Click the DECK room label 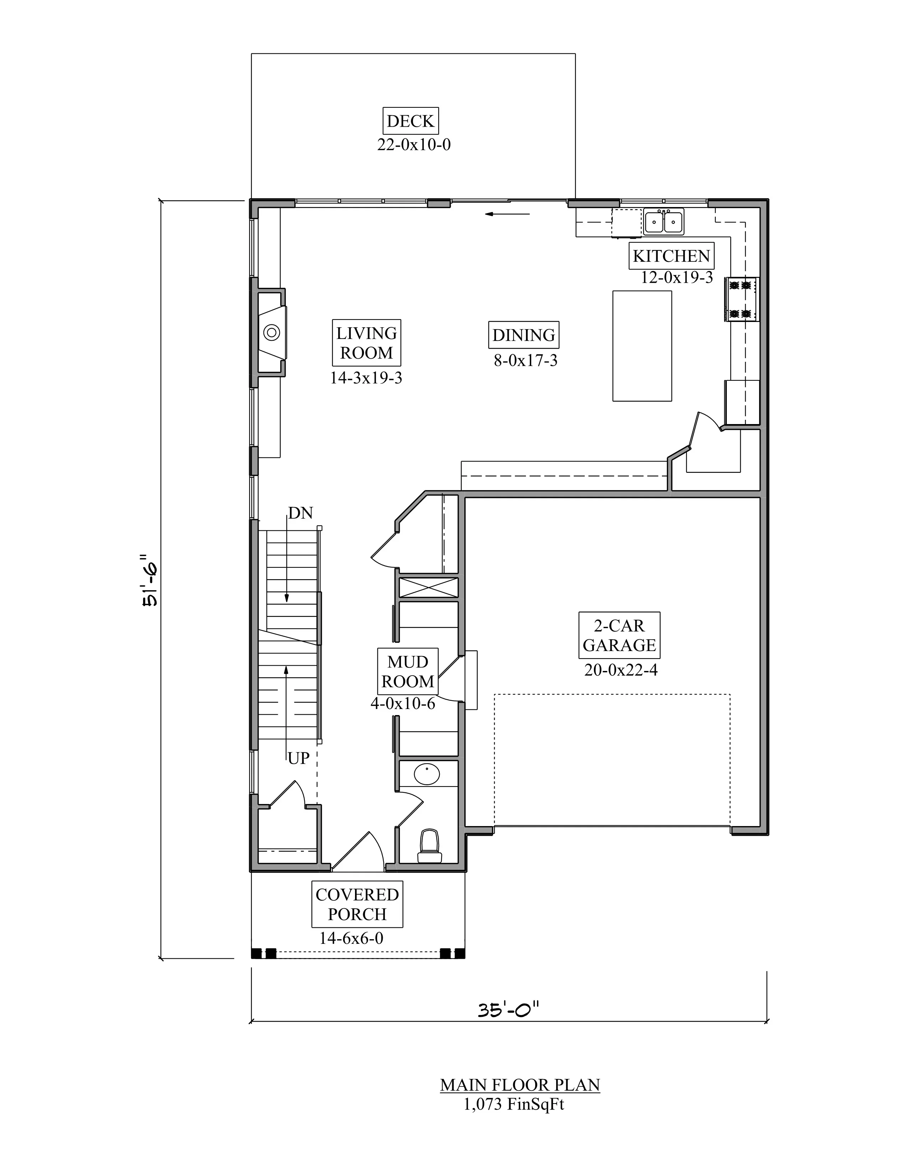pos(411,121)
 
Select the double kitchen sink pos(664,222)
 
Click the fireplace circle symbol pos(272,333)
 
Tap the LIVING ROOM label pos(366,343)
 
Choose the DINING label pos(523,335)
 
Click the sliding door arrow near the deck pos(507,214)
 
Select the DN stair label pos(300,513)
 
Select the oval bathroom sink pos(427,774)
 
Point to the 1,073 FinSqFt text pos(514,1105)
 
